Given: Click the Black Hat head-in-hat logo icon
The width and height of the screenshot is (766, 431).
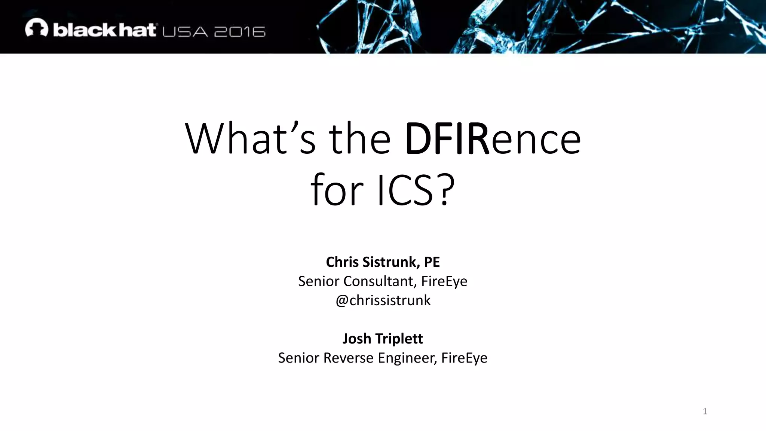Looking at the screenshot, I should click(x=37, y=28).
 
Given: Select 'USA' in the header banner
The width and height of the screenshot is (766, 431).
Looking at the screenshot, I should click(x=185, y=32).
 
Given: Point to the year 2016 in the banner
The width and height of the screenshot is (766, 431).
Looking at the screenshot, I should click(x=240, y=32).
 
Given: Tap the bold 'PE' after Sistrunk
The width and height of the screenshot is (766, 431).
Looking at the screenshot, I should click(x=432, y=262).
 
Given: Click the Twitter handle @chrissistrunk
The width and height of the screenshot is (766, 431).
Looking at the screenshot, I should click(x=383, y=300).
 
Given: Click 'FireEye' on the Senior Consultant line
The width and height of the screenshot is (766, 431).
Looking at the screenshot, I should click(x=444, y=281).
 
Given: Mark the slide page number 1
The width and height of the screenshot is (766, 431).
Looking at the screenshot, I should click(x=705, y=412).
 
